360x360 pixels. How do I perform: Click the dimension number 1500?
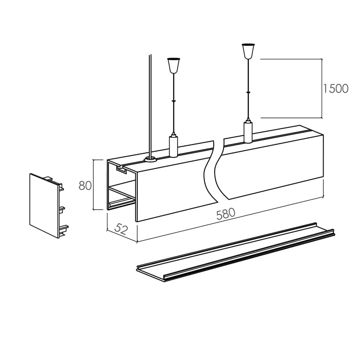coord(336,89)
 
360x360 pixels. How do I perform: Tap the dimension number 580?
coord(226,213)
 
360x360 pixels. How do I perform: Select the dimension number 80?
coord(85,185)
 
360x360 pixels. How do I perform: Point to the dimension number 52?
coord(121,229)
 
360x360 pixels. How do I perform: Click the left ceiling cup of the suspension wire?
coord(174,65)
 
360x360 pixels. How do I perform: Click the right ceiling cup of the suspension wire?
coord(248,51)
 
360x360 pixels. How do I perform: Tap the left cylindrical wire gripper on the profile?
coord(173,146)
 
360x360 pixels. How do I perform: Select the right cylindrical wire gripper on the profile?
coord(248,132)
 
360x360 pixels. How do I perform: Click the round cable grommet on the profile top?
coord(150,159)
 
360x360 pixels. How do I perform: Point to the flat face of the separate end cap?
coord(44,205)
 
